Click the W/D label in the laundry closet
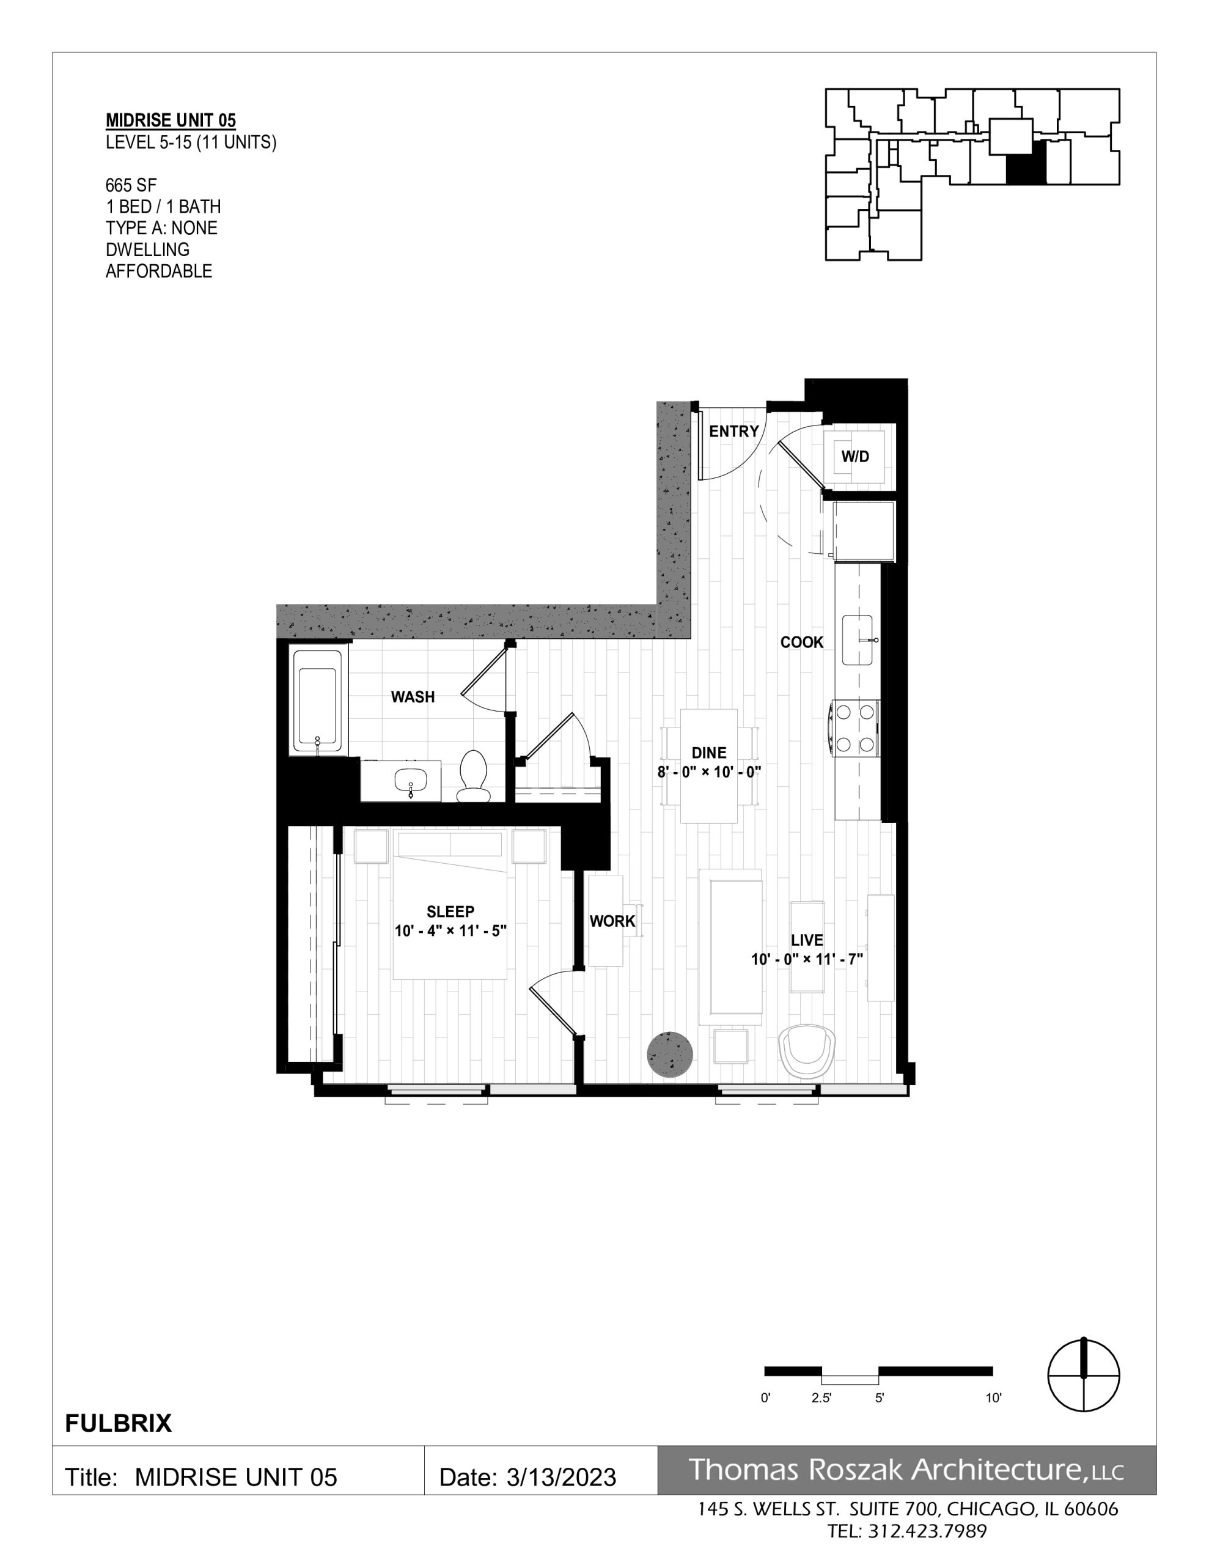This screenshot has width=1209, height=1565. point(855,457)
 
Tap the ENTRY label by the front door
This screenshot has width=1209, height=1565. point(734,432)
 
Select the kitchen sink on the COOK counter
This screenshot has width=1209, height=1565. point(858,640)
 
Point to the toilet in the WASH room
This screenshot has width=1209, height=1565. point(472,776)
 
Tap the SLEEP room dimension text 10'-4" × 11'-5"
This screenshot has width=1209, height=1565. point(450,932)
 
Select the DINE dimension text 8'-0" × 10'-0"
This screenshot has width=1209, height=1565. point(709,773)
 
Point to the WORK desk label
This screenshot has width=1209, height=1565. point(612,921)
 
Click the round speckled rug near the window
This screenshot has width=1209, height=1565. point(670,1055)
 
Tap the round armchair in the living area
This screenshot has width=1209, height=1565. point(807,1051)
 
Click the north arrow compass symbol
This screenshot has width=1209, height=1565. point(1084,1377)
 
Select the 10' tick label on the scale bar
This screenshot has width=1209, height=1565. point(993,1398)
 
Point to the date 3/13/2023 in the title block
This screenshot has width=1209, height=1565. point(561,1478)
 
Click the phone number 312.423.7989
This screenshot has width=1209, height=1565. point(928,1532)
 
